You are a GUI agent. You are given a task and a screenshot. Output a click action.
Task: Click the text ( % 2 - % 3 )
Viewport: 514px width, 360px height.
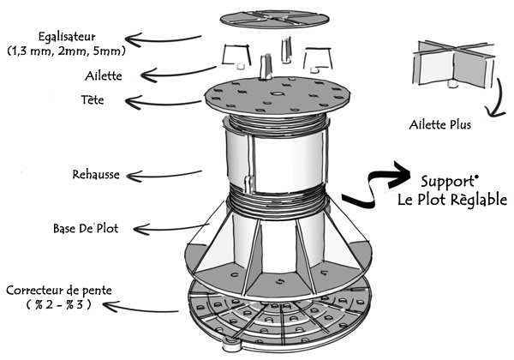coord(54,305)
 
